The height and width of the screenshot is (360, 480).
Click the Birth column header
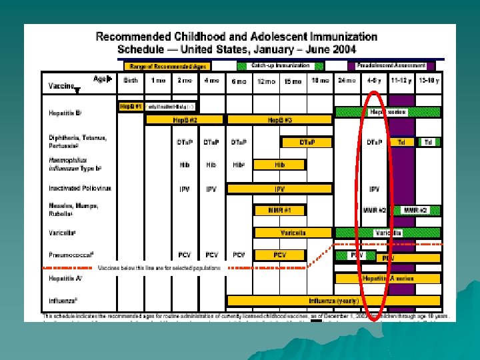[131, 81]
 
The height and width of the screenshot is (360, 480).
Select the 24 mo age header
[345, 81]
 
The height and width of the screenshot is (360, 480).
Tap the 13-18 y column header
[427, 81]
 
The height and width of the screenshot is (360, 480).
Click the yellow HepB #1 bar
[130, 107]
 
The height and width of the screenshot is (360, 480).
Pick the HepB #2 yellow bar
[180, 120]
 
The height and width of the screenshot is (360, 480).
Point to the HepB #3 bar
[279, 120]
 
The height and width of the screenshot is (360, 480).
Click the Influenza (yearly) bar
[333, 301]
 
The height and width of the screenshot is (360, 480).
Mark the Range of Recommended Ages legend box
[167, 66]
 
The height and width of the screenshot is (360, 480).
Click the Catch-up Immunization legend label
[281, 65]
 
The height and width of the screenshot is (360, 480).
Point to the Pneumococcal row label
[71, 255]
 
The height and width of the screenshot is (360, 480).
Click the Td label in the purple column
[401, 142]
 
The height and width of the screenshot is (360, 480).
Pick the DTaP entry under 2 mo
[185, 142]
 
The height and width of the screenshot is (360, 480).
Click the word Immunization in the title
[335, 37]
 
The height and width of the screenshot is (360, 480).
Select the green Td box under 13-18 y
[427, 142]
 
